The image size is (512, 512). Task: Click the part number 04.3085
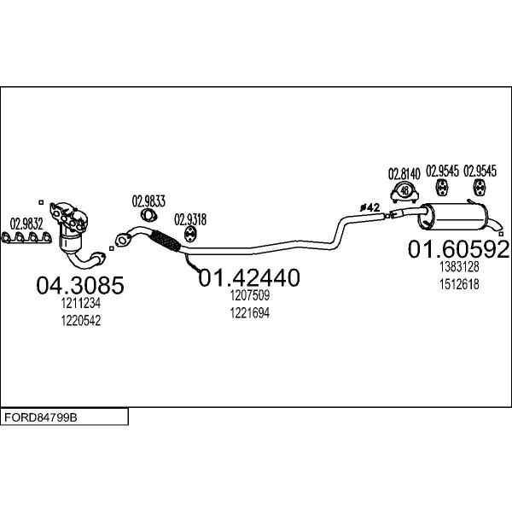coord(80,285)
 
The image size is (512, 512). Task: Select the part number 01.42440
coord(249,277)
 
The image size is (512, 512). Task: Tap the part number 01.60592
coord(458,249)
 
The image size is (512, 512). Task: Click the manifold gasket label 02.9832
coord(26,224)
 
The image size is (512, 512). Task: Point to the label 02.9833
coord(148,201)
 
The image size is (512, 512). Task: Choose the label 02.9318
coord(190,220)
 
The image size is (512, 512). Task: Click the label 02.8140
coord(404,174)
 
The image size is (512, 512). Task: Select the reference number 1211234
coord(81,303)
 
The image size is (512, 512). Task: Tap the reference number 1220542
coord(81,321)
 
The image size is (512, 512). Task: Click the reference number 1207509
coord(250,295)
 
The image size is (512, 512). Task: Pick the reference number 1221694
coord(250,313)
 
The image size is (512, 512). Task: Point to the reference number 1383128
coord(459,267)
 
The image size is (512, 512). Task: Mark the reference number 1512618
coord(459,284)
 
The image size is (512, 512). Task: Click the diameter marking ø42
coord(370,207)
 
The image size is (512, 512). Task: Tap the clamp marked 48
coord(404,193)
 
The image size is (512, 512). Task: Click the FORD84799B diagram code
coord(41,417)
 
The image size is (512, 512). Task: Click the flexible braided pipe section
coord(166,241)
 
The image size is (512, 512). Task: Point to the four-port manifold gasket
coord(26,237)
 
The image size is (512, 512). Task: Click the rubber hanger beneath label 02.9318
coord(190,235)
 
